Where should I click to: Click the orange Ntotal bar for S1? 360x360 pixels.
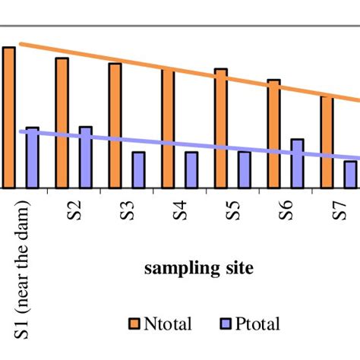(8, 117)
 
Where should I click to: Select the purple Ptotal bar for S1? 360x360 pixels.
(32, 158)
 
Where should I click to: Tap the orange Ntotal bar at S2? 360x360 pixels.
(62, 122)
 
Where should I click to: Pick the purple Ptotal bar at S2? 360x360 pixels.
(85, 157)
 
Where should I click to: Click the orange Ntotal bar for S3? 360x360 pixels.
(115, 125)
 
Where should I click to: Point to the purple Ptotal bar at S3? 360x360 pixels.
(138, 170)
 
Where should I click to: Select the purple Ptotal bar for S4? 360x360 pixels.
(191, 170)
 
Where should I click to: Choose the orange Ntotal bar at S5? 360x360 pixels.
(220, 128)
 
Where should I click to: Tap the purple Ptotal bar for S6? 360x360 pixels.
(297, 163)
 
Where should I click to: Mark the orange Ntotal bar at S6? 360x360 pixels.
(273, 134)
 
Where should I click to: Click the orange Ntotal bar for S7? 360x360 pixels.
(327, 142)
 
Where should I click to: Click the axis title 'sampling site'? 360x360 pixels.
(199, 268)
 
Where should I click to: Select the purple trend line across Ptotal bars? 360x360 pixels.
(190, 145)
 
